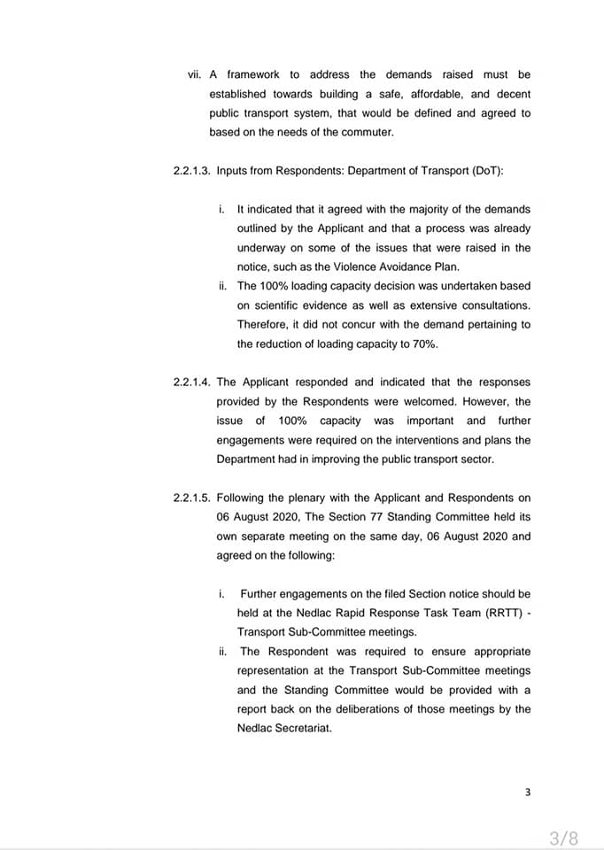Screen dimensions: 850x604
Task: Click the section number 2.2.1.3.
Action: (x=191, y=171)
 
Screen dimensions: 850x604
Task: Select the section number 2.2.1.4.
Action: (x=191, y=382)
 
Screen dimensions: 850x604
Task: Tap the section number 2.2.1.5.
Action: (x=191, y=498)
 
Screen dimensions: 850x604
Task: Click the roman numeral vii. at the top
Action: (x=195, y=74)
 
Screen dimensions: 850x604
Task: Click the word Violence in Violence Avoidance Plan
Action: (x=365, y=267)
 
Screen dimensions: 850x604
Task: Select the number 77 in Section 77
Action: (x=352, y=517)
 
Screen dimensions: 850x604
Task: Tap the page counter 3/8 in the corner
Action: (x=563, y=838)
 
